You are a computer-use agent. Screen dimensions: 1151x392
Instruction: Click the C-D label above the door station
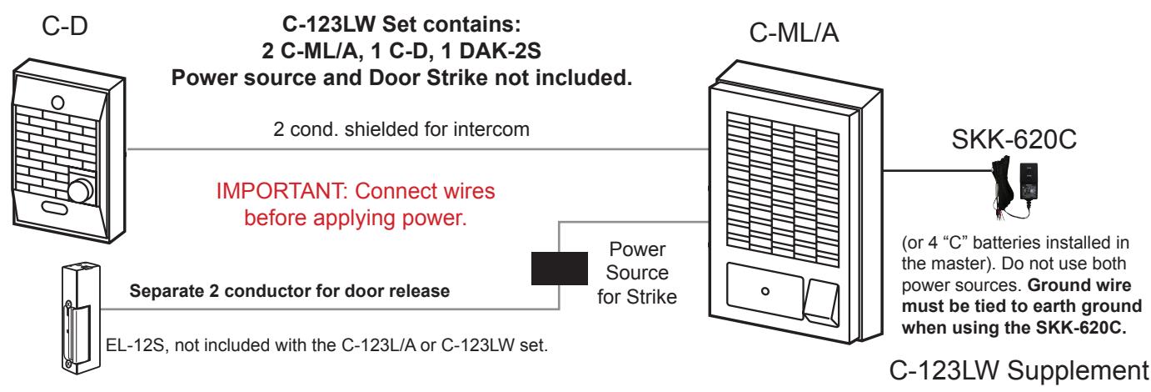point(65,26)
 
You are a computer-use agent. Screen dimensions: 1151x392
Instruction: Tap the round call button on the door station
point(80,191)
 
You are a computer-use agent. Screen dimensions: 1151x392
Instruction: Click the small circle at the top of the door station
point(57,103)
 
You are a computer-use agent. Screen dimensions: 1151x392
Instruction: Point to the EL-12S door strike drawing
point(80,318)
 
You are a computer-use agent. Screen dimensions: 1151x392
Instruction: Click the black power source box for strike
point(560,268)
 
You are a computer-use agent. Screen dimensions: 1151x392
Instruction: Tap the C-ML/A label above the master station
point(794,33)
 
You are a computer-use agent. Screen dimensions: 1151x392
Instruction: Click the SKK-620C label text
point(1014,139)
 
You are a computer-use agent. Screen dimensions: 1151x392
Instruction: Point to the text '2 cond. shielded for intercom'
point(401,129)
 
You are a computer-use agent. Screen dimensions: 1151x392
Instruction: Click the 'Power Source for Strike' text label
point(637,274)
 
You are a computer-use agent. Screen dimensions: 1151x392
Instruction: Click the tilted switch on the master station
point(822,303)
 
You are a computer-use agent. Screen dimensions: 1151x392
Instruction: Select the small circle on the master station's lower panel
point(765,291)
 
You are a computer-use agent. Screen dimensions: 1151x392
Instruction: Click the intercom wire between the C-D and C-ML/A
point(418,149)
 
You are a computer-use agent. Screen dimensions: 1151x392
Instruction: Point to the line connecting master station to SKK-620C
point(937,170)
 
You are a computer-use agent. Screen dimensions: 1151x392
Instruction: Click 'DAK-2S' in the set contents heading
point(500,51)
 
